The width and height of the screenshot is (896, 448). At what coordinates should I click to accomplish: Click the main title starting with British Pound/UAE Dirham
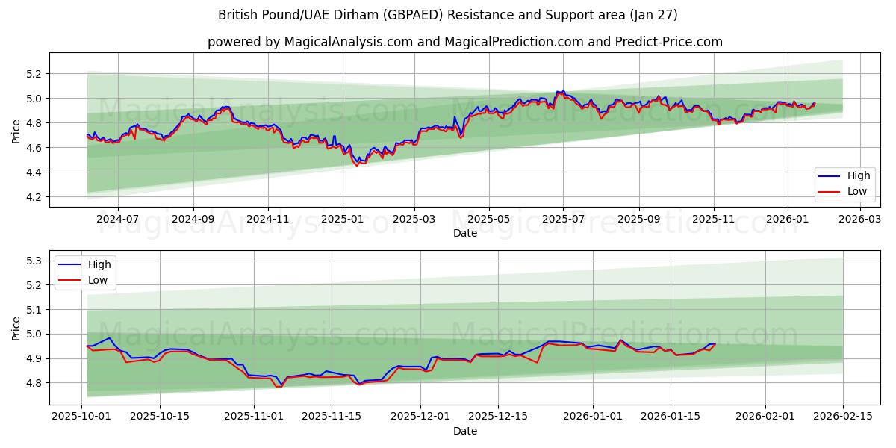tap(448, 15)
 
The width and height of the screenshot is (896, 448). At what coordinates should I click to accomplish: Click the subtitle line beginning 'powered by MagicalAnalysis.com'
tap(464, 42)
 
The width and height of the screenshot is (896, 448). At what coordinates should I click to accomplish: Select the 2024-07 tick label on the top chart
tap(117, 220)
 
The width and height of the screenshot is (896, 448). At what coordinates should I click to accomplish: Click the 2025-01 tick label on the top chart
tap(342, 220)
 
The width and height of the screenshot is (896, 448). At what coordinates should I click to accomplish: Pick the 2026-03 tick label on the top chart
tap(860, 220)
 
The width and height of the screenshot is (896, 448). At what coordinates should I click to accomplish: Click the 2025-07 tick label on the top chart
tap(563, 220)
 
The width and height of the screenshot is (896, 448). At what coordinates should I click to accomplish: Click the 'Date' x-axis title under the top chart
tap(464, 233)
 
